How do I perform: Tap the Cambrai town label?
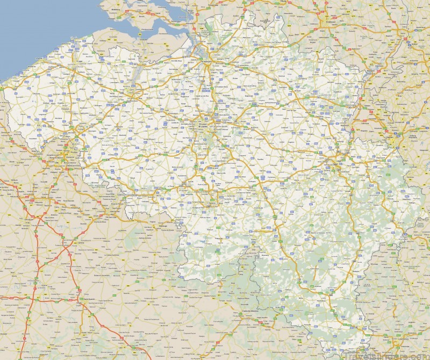click(81, 243)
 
